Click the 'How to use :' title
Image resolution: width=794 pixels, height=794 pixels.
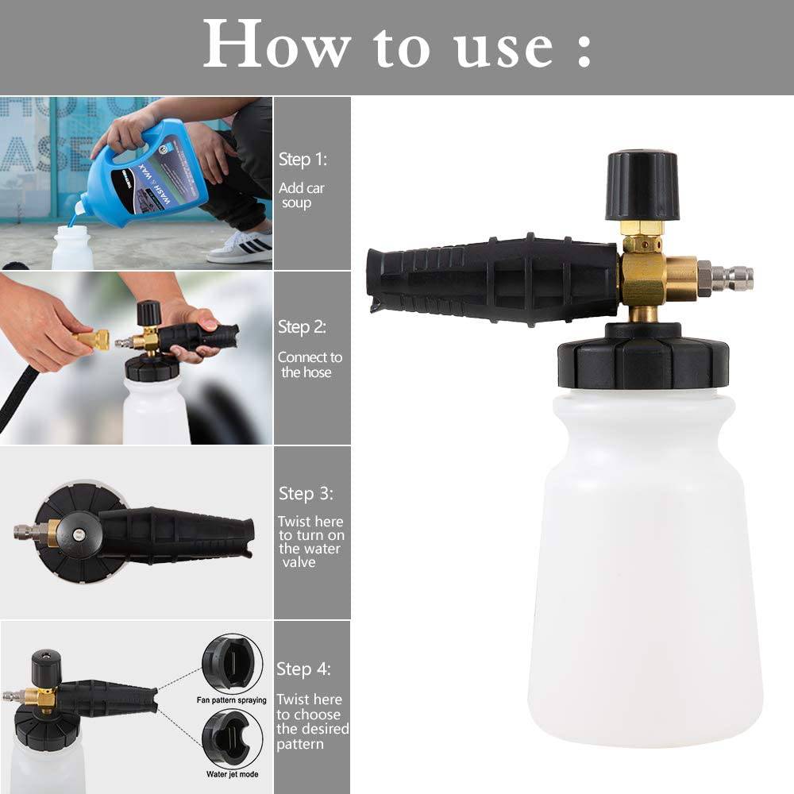tap(397, 45)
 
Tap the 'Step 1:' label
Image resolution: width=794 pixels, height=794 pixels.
tap(303, 160)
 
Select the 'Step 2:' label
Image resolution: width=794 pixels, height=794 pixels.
tap(302, 327)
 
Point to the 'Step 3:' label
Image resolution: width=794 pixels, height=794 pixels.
tap(306, 494)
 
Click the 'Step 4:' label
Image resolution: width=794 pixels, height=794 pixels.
tap(304, 669)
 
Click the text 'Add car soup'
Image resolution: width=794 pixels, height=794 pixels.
tap(301, 195)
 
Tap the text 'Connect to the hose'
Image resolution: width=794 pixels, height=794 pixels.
tap(309, 364)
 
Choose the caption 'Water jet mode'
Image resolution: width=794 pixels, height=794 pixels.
tap(232, 773)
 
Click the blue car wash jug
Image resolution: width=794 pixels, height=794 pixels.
tap(155, 171)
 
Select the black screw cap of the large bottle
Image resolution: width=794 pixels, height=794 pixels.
tap(643, 361)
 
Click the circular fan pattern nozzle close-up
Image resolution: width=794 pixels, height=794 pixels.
tap(232, 663)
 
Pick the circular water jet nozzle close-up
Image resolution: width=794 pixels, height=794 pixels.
tap(232, 738)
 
